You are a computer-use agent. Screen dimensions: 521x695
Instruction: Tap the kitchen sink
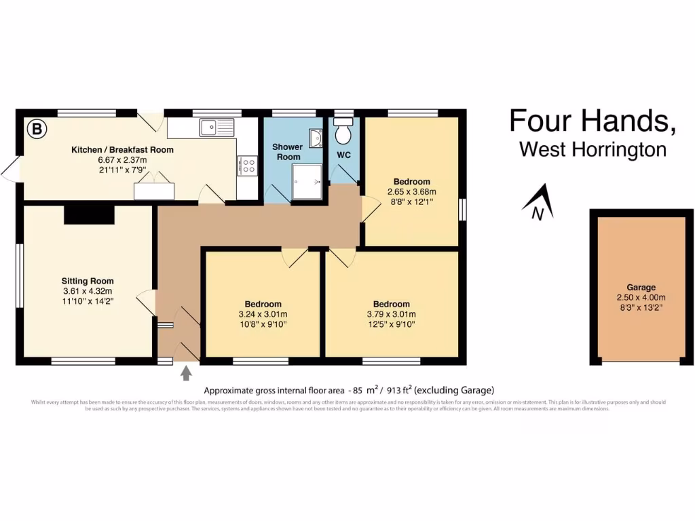[x=217, y=126]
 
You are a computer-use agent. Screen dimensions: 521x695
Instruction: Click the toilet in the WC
[x=344, y=132]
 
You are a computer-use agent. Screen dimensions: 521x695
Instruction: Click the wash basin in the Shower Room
[x=316, y=138]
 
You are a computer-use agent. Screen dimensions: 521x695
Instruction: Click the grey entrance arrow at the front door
[x=185, y=374]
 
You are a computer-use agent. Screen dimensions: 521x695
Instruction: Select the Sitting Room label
[x=88, y=281]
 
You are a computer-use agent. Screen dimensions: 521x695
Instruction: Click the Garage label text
[x=641, y=288]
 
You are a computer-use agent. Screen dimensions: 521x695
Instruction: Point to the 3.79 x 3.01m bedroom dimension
[x=391, y=314]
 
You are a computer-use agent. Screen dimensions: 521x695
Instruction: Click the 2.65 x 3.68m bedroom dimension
[x=411, y=191]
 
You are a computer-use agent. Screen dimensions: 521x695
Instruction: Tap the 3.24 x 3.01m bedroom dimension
[x=263, y=314]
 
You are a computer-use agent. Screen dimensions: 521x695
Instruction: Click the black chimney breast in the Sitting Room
[x=89, y=214]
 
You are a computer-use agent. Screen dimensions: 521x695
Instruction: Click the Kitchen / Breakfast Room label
[x=122, y=150]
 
